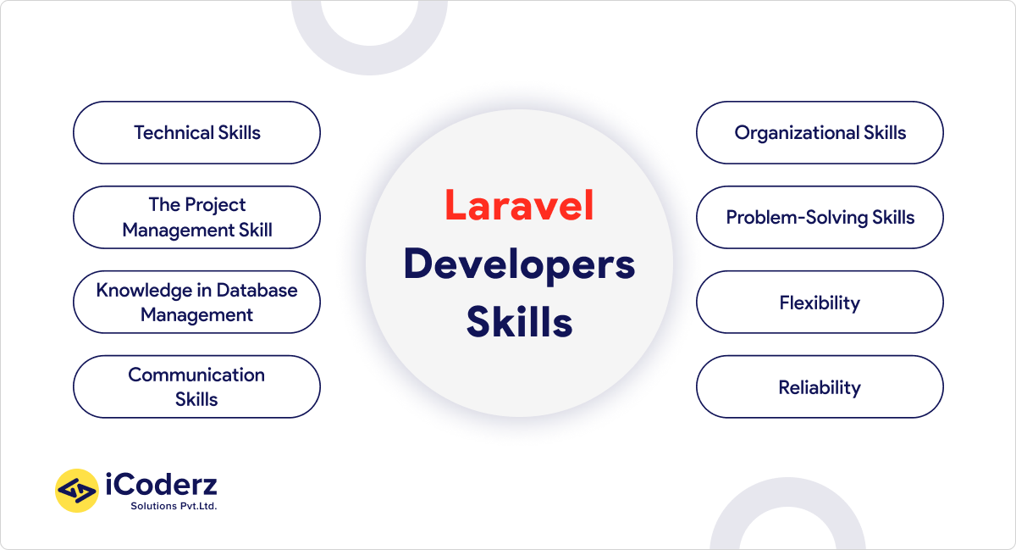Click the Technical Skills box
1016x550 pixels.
coord(196,133)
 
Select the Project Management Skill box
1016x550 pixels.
coord(196,218)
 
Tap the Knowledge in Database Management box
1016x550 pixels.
coord(196,303)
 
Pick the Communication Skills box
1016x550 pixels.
coord(196,387)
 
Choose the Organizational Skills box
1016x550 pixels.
coord(820,133)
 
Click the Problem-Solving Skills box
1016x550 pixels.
coord(820,218)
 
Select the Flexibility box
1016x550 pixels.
coord(820,303)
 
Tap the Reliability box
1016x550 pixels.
coord(820,387)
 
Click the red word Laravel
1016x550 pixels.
coord(519,206)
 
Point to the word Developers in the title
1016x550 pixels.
coord(519,264)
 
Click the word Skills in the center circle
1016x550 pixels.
coord(519,323)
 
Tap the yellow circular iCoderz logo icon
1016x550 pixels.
coord(77,491)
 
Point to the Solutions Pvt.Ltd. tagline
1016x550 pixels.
coord(174,507)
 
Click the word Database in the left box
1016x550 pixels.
coord(257,291)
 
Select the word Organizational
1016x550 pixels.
coord(797,133)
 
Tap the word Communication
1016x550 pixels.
coord(196,375)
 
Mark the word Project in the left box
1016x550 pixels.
coord(215,205)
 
